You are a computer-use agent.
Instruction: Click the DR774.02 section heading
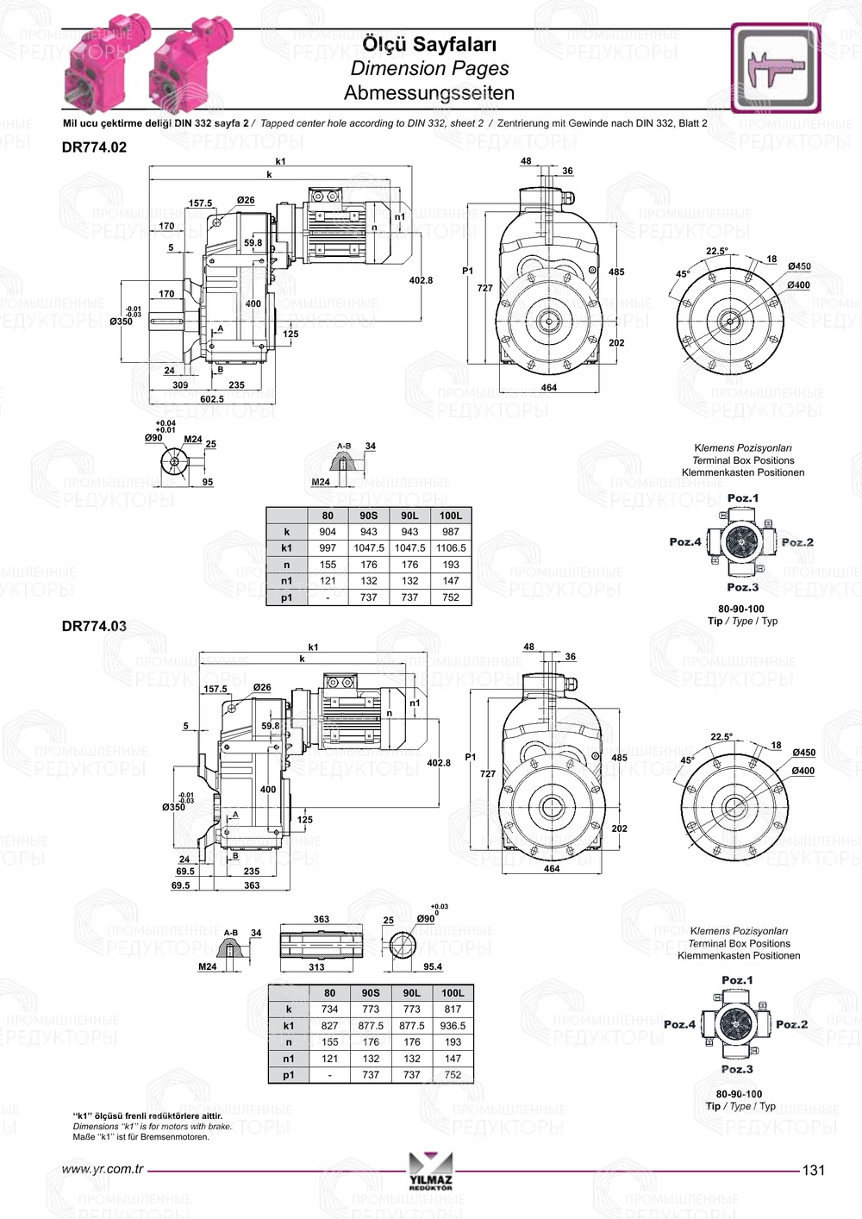pos(94,147)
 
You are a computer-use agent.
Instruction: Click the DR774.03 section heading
pos(94,626)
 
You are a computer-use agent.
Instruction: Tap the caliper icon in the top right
pos(776,67)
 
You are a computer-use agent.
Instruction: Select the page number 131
pos(813,1170)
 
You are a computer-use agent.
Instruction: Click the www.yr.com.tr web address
pos(103,1170)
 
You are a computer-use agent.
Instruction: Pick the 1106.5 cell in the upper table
pos(451,547)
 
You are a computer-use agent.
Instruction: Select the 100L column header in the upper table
pos(451,516)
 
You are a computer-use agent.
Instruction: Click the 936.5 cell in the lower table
pos(453,1026)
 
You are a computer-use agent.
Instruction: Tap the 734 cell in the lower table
pos(329,1009)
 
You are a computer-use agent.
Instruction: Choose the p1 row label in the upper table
pos(287,597)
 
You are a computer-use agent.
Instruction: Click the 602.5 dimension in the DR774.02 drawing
pos(212,399)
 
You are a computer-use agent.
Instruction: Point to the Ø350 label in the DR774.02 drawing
pos(122,322)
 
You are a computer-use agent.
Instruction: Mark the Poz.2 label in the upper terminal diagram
pos(797,542)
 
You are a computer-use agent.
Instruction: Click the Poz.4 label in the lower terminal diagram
pos(679,1024)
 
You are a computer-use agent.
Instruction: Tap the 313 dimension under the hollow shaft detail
pos(316,967)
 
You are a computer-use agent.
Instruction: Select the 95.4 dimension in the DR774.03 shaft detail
pos(432,966)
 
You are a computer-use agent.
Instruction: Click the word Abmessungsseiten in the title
pos(429,92)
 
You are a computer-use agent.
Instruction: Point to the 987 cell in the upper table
pos(451,532)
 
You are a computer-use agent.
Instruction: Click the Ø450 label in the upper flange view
pos(799,267)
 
